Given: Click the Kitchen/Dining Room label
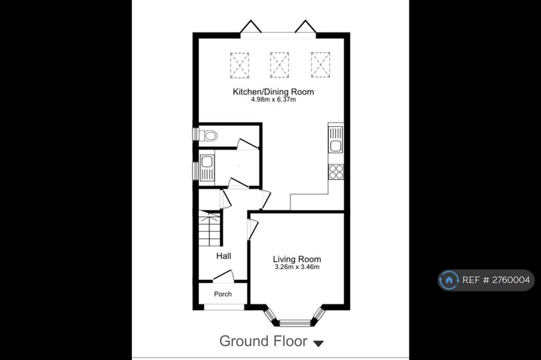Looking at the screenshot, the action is [273, 92].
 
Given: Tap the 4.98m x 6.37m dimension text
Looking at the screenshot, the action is [273, 100].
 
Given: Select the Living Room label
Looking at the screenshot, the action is [297, 259].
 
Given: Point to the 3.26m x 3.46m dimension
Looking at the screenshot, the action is [297, 267].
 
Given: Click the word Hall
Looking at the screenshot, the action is [223, 256].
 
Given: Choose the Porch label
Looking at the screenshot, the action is [222, 294].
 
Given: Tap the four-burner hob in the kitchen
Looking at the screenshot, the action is [336, 172].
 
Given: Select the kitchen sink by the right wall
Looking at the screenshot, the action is [335, 139].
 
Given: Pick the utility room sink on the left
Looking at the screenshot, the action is [207, 168].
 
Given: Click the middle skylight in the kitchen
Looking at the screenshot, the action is [279, 65].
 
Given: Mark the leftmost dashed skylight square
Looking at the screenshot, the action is [239, 65].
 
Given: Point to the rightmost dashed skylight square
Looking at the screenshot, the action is [320, 65].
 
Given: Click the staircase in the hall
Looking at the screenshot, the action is [209, 228].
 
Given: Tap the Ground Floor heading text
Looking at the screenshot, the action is [263, 341].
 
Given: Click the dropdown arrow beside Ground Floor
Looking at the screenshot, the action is [319, 344].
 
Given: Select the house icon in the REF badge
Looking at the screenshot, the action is [449, 280].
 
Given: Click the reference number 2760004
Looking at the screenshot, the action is [511, 280].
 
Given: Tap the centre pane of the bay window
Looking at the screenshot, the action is [295, 323].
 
